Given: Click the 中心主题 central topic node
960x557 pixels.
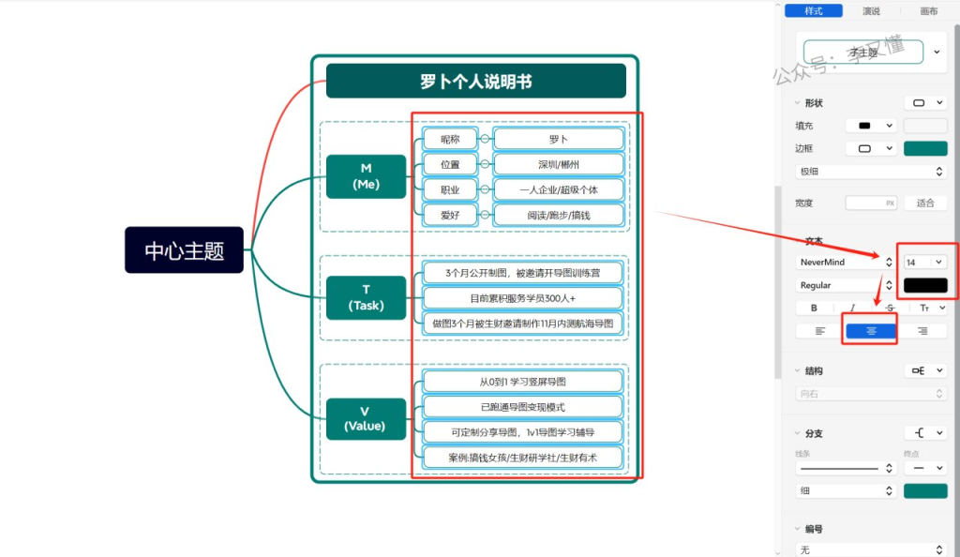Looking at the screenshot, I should coord(184,250).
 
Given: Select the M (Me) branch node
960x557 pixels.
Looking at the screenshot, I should coord(366,176).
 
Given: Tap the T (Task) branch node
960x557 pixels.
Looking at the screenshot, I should coord(366,298).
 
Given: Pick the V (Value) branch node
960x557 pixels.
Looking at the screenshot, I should coord(365,418).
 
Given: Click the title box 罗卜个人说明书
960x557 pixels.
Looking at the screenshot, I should coord(475,82).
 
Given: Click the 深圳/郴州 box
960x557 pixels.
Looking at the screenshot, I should coord(559,165).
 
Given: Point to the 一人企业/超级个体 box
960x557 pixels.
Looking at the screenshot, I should coord(559,189).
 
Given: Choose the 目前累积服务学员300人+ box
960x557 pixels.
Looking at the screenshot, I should coord(522,298).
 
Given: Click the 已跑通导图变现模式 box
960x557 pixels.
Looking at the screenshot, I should coord(522,407).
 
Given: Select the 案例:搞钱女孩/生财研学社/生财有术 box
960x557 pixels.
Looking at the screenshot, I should coord(522,458).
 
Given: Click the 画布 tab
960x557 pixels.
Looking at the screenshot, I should coord(928,11).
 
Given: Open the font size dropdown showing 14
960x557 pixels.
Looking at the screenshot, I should coord(924,263).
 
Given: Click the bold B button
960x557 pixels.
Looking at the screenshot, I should coord(814,308).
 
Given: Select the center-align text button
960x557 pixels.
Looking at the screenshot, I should coord(871,330).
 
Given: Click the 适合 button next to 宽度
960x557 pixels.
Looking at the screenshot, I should coord(925,203).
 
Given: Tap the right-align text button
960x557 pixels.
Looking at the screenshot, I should coord(922,330).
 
